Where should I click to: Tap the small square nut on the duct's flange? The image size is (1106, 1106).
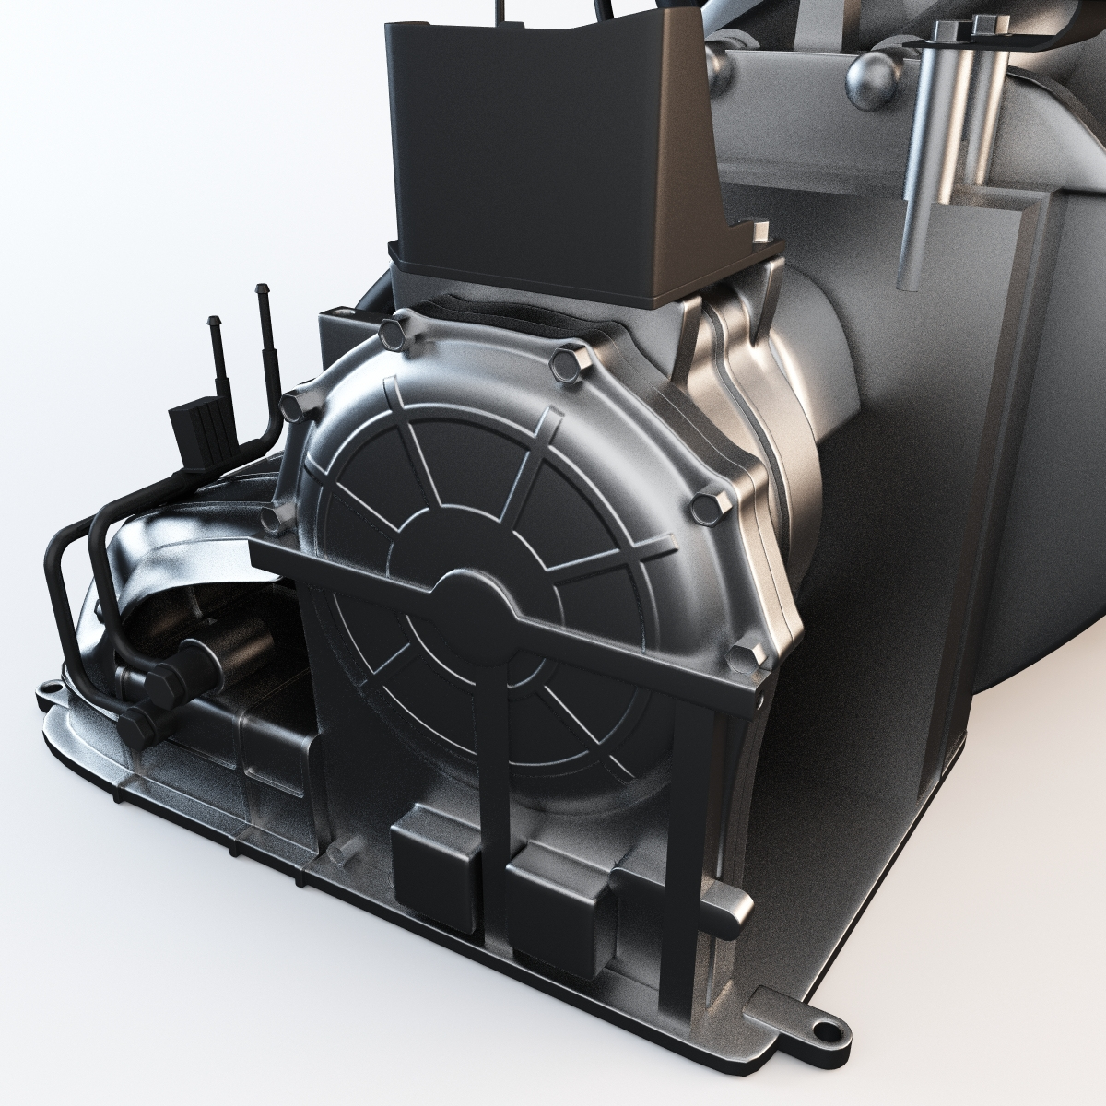pos(761,231)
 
